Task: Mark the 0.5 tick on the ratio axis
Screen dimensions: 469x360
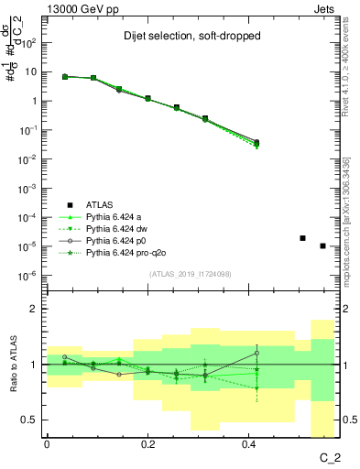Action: coord(33,420)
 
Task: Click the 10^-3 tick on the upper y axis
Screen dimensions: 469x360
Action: coord(31,188)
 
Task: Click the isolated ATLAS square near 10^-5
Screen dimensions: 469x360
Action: coord(303,238)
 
